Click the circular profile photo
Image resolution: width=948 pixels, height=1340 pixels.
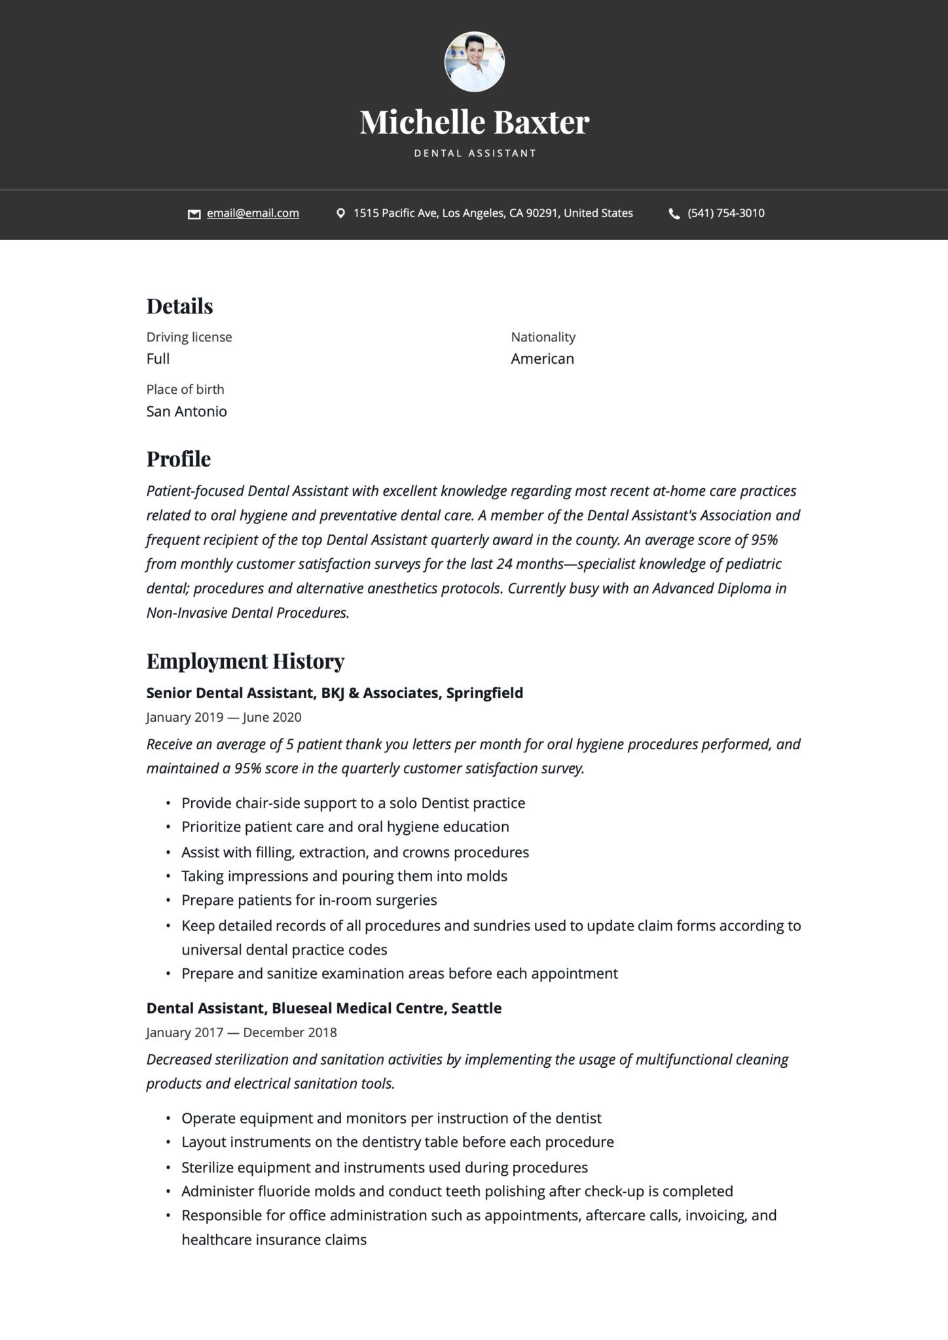tap(474, 62)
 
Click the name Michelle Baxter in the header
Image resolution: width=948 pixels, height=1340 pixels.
tap(474, 122)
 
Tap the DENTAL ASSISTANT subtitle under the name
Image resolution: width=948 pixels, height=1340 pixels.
tap(475, 153)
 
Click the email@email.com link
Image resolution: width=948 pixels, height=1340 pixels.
tap(253, 213)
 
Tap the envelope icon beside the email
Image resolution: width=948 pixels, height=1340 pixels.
tap(194, 214)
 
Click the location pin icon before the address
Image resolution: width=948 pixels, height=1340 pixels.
tap(340, 213)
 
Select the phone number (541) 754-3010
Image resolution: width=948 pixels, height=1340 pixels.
tap(725, 213)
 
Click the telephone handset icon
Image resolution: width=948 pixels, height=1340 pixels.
tap(674, 214)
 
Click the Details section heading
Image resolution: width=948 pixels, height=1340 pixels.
tap(179, 306)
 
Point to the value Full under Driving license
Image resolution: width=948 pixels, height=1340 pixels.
tap(158, 359)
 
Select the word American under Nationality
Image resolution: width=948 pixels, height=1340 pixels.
tap(542, 359)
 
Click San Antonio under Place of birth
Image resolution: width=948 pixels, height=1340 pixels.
tap(187, 412)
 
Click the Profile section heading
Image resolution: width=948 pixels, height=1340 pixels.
tap(178, 459)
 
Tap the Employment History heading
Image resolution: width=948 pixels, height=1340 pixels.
tap(245, 661)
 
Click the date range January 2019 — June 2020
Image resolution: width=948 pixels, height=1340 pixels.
tap(223, 717)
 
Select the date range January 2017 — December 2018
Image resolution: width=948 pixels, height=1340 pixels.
tap(241, 1032)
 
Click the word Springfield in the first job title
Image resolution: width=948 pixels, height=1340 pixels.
tap(484, 693)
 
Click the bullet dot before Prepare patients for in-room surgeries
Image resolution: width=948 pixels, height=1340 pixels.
tap(168, 901)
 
